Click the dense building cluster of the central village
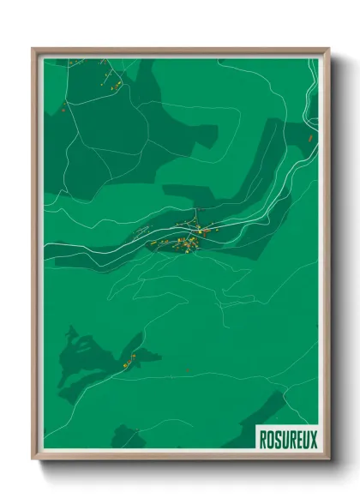point(184,243)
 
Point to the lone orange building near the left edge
point(63,110)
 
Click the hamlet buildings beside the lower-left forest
point(131,360)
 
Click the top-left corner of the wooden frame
point(33,48)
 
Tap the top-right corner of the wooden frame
point(328,48)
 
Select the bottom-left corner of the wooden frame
point(33,460)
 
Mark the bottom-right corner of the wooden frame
point(328,460)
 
